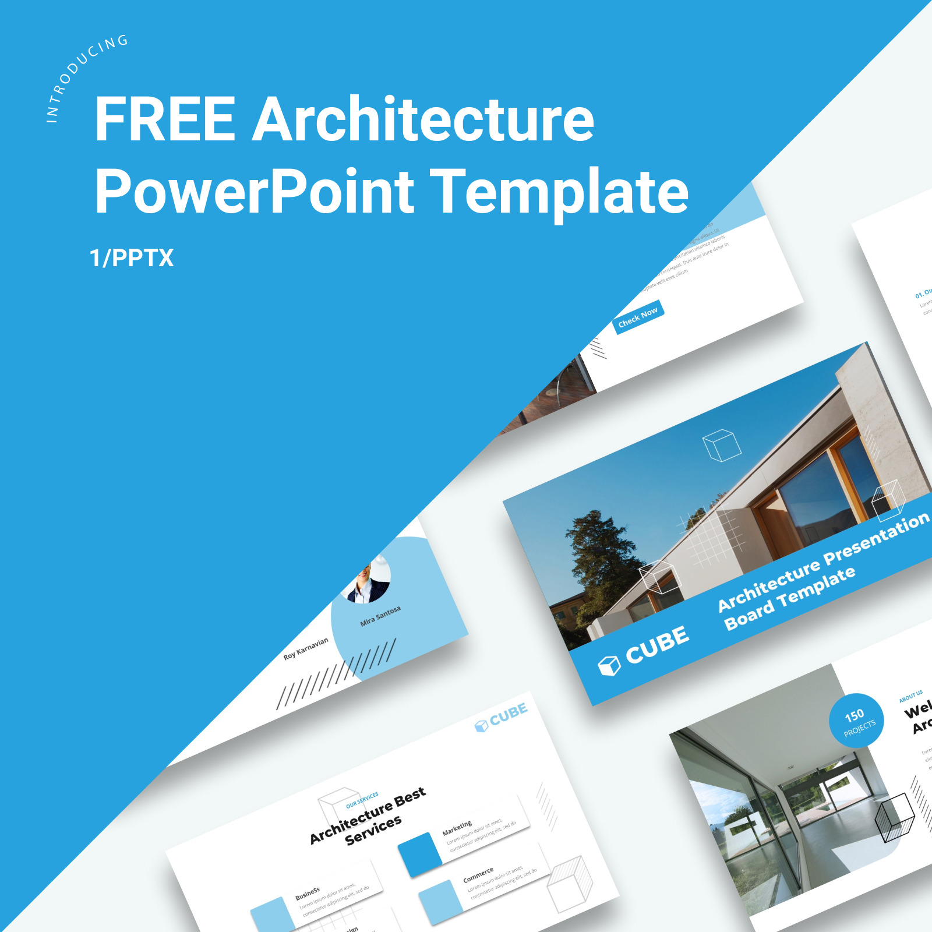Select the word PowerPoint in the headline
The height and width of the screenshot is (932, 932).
[x=255, y=191]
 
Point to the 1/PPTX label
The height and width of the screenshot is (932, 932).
[x=132, y=257]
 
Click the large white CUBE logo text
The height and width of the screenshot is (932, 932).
[x=657, y=645]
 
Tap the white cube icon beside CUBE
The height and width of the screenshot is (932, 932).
[x=609, y=665]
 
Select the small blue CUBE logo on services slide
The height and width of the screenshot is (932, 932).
[x=502, y=716]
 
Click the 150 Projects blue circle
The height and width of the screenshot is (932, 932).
[x=856, y=721]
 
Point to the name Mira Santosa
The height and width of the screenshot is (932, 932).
[x=380, y=616]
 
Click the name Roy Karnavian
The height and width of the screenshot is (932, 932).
[x=306, y=648]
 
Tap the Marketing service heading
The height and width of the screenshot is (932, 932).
[x=457, y=827]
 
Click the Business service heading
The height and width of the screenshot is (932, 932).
[x=308, y=893]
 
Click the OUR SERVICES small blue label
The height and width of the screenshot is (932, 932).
[x=362, y=800]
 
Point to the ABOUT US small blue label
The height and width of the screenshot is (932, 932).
[x=910, y=696]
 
